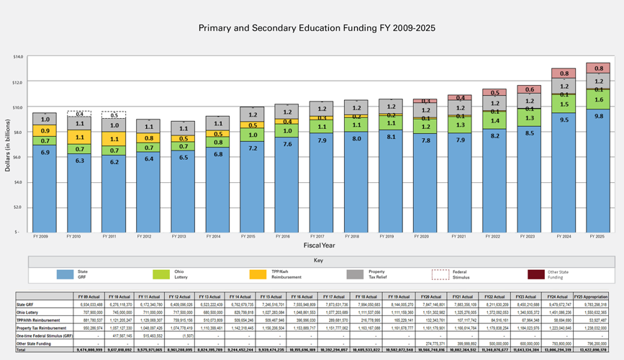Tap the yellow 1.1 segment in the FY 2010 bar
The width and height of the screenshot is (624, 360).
(80, 137)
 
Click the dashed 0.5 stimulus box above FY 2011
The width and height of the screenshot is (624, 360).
(114, 115)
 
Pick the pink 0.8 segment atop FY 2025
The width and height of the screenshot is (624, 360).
(599, 68)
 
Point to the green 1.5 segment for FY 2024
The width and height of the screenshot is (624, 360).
(564, 104)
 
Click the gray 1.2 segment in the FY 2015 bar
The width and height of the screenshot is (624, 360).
(252, 114)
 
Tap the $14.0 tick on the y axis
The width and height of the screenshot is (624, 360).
(18, 56)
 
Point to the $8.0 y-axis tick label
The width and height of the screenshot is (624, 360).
(18, 132)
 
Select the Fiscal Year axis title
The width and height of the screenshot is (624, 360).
(317, 245)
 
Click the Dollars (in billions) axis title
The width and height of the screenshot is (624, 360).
(7, 144)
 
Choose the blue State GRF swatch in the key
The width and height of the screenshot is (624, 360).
(65, 274)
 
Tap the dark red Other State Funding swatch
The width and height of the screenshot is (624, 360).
(536, 274)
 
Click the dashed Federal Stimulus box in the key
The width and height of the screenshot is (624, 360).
(440, 274)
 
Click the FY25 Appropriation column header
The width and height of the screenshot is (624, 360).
(592, 297)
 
